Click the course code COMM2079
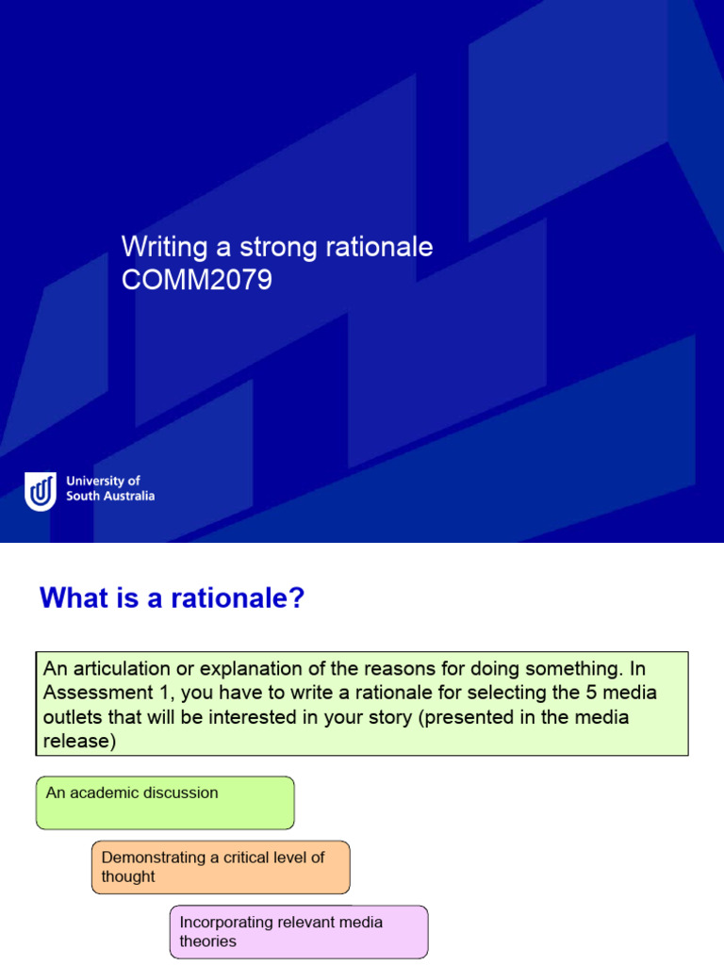197,280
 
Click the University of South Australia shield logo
41,491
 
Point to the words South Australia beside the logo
110,496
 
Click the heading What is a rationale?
173,598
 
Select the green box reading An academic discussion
165,802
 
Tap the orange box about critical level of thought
221,867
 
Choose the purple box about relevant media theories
299,931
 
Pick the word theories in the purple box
208,941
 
